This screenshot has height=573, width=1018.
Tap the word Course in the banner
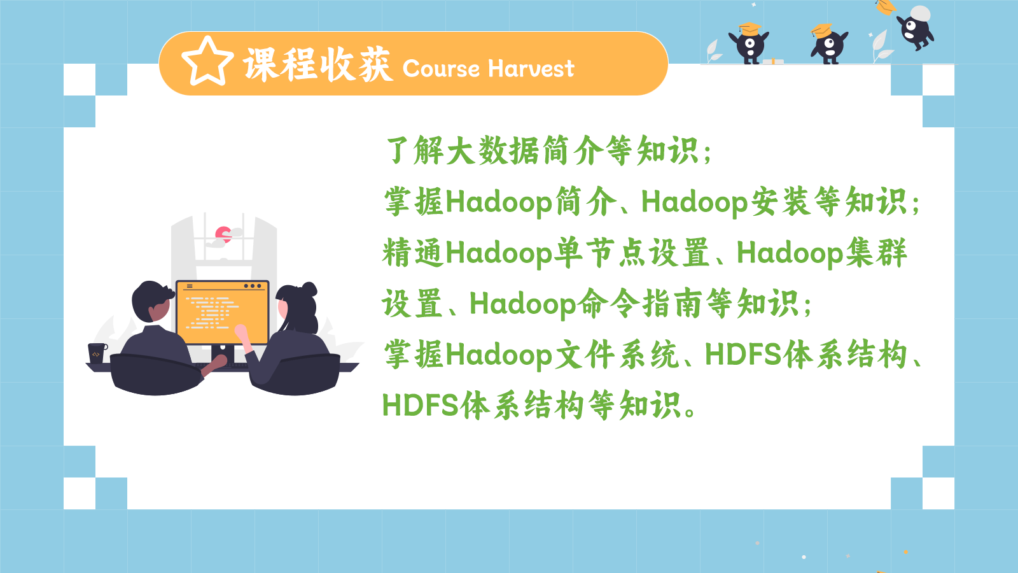point(441,69)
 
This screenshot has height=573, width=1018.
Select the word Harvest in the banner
point(531,69)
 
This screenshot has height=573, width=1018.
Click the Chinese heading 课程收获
point(317,64)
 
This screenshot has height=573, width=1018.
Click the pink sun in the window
point(223,234)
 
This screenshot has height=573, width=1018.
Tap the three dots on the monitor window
point(253,286)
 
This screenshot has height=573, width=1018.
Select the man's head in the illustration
point(152,301)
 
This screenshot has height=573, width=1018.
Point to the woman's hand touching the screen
point(241,332)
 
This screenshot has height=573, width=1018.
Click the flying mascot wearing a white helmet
point(916,27)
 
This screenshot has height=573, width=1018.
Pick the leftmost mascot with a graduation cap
point(749,43)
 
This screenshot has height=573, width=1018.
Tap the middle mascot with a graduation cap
point(830,44)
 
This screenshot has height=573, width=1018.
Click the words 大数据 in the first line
point(493,150)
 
